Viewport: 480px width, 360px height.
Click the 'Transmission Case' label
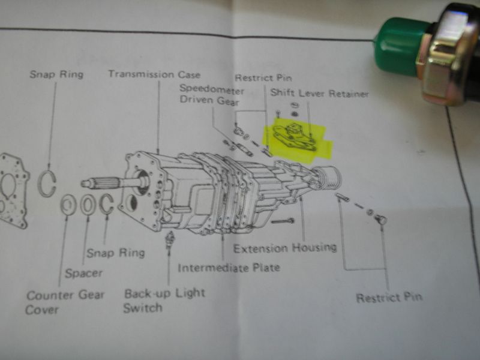(x=155, y=74)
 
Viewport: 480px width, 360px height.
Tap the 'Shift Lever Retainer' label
(x=320, y=93)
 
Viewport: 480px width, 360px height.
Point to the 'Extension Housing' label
(x=285, y=248)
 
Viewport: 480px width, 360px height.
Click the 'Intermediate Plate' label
(x=229, y=268)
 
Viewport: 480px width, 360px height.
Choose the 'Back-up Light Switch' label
(x=164, y=301)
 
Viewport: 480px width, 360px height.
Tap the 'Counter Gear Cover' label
(x=65, y=302)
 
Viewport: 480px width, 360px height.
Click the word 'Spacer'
(x=83, y=273)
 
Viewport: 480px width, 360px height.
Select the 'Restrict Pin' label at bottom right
(x=389, y=297)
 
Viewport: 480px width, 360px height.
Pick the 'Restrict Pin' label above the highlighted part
(x=263, y=78)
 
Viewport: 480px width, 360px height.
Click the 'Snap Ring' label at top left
(x=56, y=74)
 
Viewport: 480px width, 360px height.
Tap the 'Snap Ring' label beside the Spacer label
(x=116, y=253)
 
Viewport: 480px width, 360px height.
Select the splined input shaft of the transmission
(x=113, y=182)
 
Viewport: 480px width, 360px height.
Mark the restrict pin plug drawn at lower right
(x=381, y=219)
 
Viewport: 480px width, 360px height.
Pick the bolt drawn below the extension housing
(x=282, y=221)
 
